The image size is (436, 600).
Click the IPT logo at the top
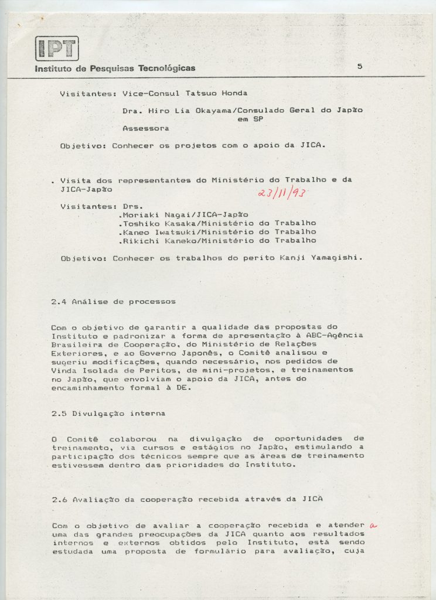[x=57, y=48]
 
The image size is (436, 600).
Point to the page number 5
[x=359, y=66]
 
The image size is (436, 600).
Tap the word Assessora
[x=146, y=127]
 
